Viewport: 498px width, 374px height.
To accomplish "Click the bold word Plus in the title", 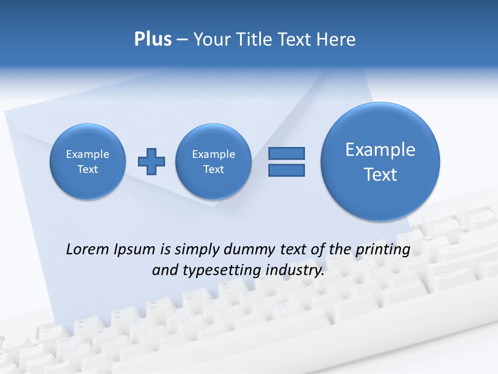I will (153, 39).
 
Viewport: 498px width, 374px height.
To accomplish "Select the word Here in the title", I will (336, 39).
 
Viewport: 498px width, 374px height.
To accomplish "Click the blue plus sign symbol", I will (151, 162).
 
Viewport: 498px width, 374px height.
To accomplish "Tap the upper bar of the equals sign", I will (286, 153).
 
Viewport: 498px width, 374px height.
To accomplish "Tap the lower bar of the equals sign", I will (286, 170).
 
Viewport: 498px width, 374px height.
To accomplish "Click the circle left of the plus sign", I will (88, 161).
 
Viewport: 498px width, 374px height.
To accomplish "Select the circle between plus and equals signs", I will (213, 161).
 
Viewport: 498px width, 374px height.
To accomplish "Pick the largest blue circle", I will (380, 161).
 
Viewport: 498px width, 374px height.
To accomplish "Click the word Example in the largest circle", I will (380, 150).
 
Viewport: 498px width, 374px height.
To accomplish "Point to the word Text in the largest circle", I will (380, 175).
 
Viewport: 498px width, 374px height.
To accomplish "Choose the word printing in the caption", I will (383, 250).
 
